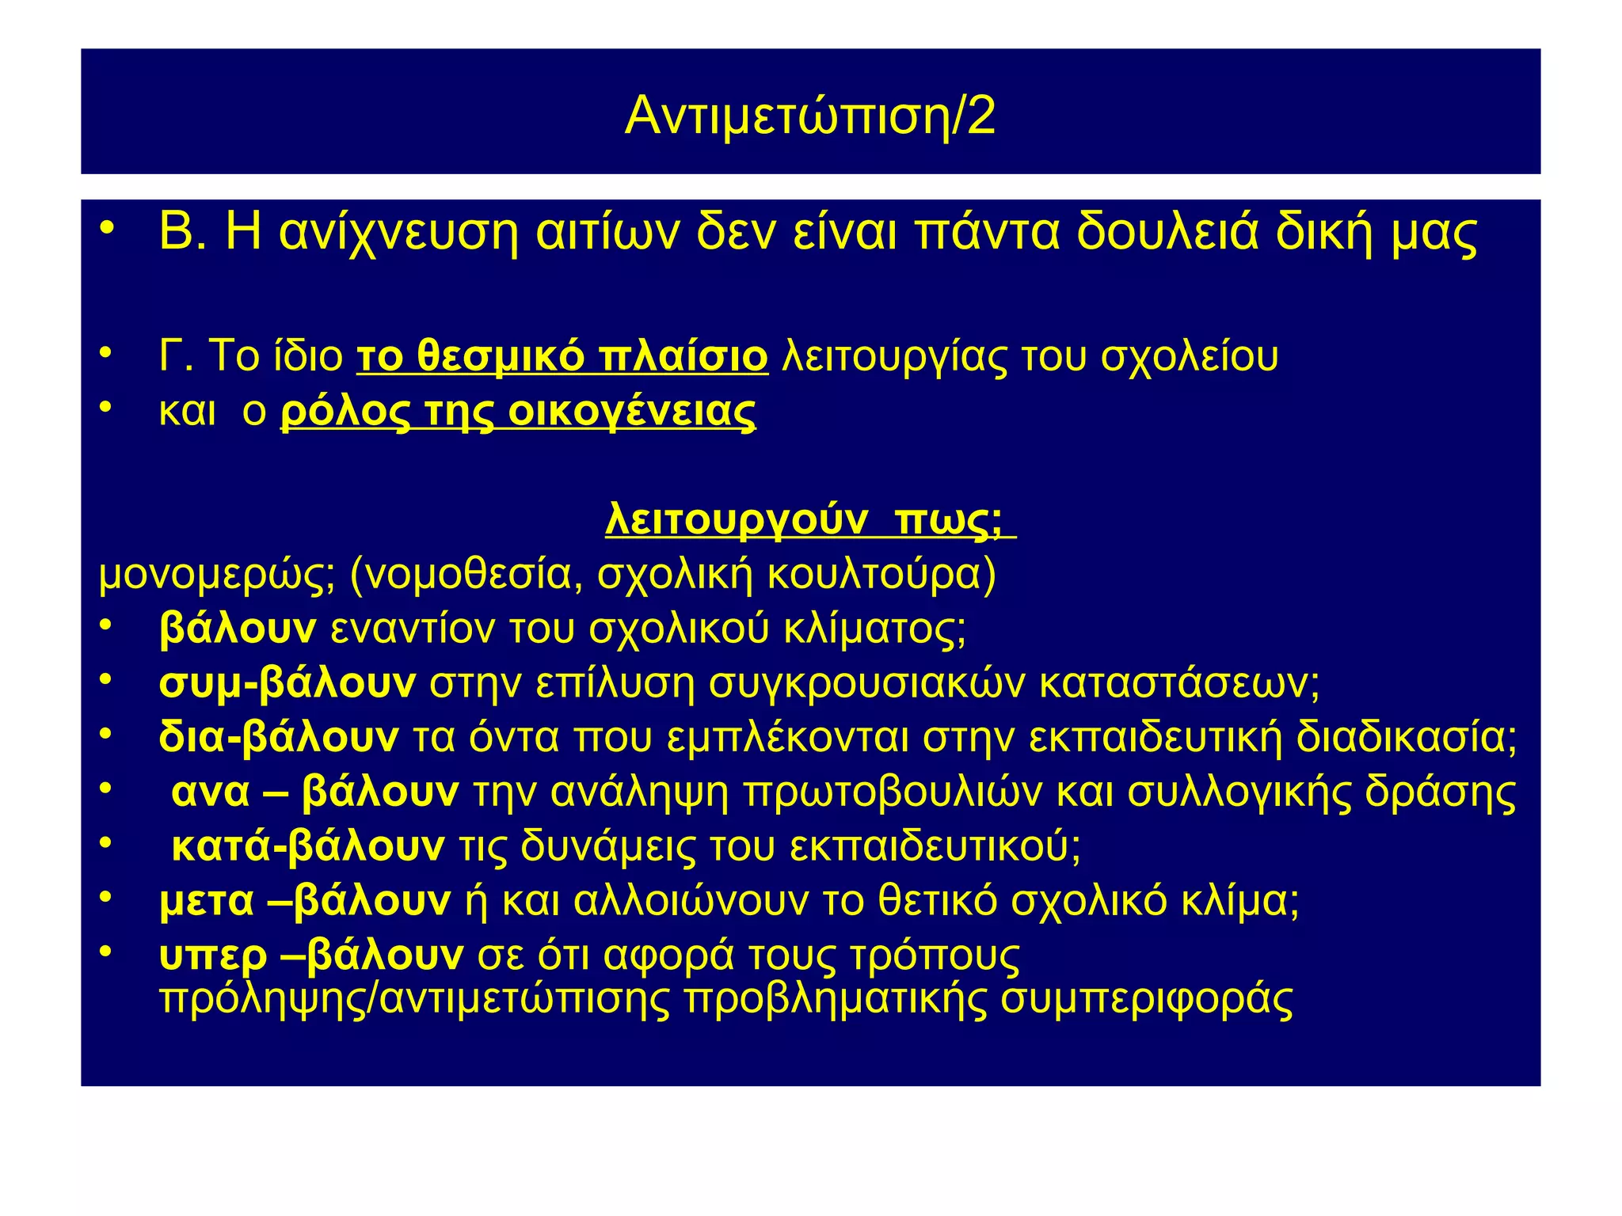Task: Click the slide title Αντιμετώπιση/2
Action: click(x=809, y=116)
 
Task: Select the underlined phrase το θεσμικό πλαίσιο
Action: click(x=562, y=356)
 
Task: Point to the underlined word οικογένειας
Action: click(x=631, y=412)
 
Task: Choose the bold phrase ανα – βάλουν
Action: click(x=314, y=792)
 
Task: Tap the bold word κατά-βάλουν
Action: click(x=308, y=846)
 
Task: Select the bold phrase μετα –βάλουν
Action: click(x=305, y=900)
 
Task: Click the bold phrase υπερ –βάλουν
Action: click(x=310, y=955)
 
